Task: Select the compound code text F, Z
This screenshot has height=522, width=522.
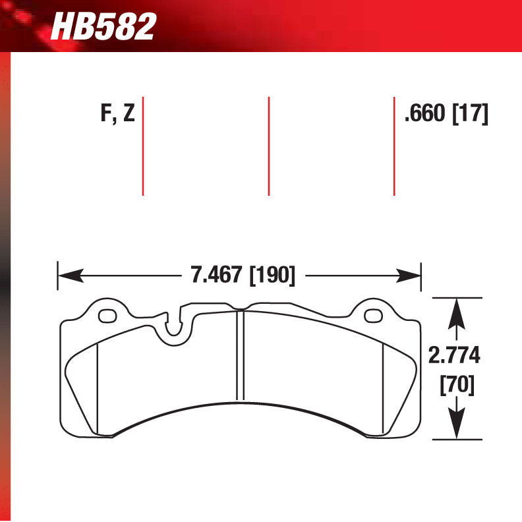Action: coord(117,114)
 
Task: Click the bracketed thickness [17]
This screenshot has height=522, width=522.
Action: coord(469,114)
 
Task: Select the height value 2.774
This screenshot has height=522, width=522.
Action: coord(455,356)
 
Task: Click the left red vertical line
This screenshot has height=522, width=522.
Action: coord(143,146)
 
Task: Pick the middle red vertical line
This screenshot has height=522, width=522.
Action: coord(269,146)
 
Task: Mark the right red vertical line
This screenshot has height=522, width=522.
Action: coord(394,146)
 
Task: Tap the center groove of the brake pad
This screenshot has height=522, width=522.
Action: coord(241,356)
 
